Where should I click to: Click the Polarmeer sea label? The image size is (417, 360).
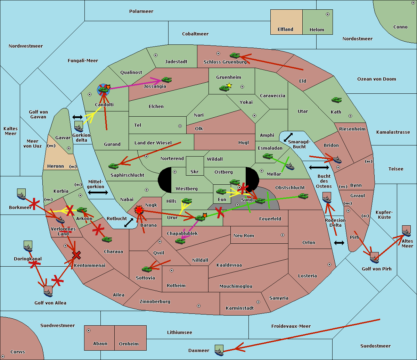point(141,11)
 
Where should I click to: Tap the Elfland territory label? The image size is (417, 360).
point(285,30)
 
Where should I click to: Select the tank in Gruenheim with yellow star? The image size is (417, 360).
point(224,88)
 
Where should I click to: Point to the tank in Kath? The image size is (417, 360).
point(336,100)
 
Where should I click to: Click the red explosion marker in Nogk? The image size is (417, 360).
point(139,210)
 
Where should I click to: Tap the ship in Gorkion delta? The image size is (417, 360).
point(79,126)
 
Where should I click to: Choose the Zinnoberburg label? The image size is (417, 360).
point(155,302)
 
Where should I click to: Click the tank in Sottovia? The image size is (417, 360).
point(147,269)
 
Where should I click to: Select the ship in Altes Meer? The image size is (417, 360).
point(406,231)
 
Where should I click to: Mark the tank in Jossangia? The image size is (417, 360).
point(167,79)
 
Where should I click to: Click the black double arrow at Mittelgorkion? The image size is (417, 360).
point(98,193)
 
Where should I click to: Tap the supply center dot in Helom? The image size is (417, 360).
point(328,14)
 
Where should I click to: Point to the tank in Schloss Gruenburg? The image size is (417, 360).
point(235,55)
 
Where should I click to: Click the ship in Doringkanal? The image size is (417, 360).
point(28,246)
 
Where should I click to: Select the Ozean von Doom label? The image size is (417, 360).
point(377,79)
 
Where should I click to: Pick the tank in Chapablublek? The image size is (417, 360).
point(180,241)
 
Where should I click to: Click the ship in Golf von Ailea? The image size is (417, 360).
point(48,292)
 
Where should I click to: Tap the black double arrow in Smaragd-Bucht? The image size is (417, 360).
point(288,137)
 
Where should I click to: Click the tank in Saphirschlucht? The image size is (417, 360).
point(113,166)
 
